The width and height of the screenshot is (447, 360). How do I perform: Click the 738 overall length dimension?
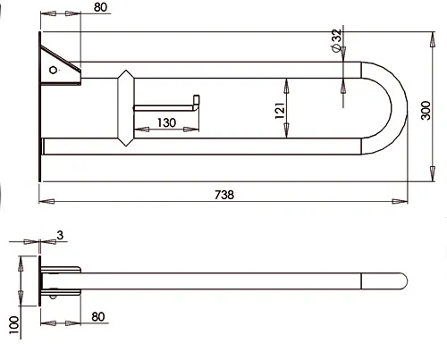(x=224, y=195)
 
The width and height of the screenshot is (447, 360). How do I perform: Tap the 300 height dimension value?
(x=426, y=111)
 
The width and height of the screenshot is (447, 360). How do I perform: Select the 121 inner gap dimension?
(x=280, y=111)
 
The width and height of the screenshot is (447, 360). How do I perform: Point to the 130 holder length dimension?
(x=166, y=122)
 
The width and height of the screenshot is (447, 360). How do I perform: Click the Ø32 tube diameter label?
(x=336, y=40)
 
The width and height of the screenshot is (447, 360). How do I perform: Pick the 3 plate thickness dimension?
(x=60, y=235)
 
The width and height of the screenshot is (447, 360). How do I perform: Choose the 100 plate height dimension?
(x=14, y=325)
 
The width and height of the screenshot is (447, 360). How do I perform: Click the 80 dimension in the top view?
(x=100, y=7)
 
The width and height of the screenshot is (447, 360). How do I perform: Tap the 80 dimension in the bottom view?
(x=98, y=317)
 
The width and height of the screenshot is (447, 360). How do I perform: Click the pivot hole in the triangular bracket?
(x=53, y=70)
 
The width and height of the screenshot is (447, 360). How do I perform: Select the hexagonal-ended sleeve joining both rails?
(x=126, y=108)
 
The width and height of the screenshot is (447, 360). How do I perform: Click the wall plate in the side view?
(x=39, y=280)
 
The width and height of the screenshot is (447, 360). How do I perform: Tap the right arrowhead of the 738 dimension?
(x=400, y=202)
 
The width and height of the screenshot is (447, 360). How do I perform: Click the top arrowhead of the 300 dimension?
(x=433, y=39)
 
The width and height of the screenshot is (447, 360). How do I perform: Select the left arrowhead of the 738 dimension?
(x=46, y=202)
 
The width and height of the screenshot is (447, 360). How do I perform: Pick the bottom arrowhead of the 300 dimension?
(x=433, y=173)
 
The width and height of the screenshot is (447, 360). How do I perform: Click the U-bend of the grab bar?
(x=399, y=108)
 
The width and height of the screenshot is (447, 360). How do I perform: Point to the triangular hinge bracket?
(x=60, y=66)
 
